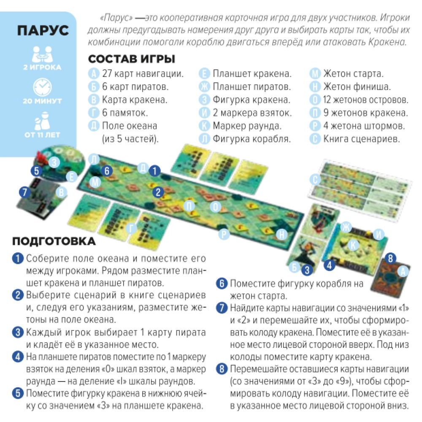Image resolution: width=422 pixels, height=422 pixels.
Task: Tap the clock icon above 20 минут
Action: coord(42,87)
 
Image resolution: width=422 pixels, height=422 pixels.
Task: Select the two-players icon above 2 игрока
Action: coord(42,54)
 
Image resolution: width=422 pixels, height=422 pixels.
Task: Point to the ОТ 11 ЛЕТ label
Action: coord(42,135)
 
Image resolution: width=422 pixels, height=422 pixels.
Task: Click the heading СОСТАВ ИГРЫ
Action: coord(132,59)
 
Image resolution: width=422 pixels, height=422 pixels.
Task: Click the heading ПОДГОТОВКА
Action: coord(54,241)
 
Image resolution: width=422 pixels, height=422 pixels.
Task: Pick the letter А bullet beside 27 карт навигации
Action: coord(94,73)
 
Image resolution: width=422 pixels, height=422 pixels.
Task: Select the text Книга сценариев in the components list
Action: coord(362,139)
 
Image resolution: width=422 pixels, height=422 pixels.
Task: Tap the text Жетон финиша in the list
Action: coord(357,87)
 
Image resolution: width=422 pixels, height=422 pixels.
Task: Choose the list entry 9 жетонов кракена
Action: coord(365,113)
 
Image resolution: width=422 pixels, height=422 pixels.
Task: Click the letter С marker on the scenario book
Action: coord(315,180)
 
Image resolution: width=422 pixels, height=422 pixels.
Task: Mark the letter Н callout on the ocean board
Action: coord(281,235)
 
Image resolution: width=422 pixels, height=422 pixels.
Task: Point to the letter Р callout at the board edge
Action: coord(224,234)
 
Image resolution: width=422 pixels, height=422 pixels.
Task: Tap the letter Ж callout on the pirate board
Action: coord(346,227)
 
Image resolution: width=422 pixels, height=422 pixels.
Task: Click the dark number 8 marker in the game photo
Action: coord(390,259)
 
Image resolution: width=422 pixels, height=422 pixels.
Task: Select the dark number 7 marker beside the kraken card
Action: coord(25,192)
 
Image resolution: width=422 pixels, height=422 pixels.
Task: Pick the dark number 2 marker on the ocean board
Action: coord(158,192)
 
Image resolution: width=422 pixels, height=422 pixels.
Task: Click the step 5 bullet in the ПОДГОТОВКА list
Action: coord(18,393)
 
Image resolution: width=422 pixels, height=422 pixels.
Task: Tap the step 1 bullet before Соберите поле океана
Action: coord(18,258)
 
